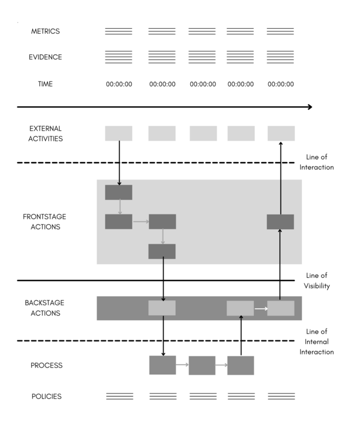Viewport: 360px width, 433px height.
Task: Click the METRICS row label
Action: pyautogui.click(x=45, y=31)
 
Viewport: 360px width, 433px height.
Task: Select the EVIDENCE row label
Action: pyautogui.click(x=45, y=57)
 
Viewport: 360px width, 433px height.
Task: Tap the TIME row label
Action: pyautogui.click(x=45, y=84)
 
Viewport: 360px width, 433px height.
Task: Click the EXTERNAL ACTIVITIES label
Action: pyautogui.click(x=45, y=133)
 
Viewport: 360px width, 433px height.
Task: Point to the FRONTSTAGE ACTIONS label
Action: pyautogui.click(x=45, y=221)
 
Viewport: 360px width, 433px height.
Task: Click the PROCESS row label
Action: pyautogui.click(x=46, y=365)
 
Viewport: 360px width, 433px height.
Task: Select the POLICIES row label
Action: pyautogui.click(x=46, y=396)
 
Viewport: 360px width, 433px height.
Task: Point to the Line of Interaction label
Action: pyautogui.click(x=317, y=162)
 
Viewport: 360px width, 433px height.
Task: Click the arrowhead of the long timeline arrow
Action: pyautogui.click(x=309, y=107)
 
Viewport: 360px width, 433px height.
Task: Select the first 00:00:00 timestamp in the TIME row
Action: pyautogui.click(x=119, y=85)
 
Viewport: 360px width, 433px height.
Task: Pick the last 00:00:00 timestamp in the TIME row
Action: pyautogui.click(x=280, y=85)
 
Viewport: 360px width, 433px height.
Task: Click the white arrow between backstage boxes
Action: pyautogui.click(x=260, y=309)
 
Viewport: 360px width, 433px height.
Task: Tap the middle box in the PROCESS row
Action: pyautogui.click(x=202, y=365)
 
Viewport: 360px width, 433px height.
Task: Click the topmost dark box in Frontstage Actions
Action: pyautogui.click(x=118, y=192)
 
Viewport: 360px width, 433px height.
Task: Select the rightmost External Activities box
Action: pyautogui.click(x=281, y=133)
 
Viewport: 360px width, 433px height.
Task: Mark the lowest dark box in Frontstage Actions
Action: pyautogui.click(x=162, y=251)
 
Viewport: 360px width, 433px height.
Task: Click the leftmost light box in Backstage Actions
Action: pyautogui.click(x=162, y=308)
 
